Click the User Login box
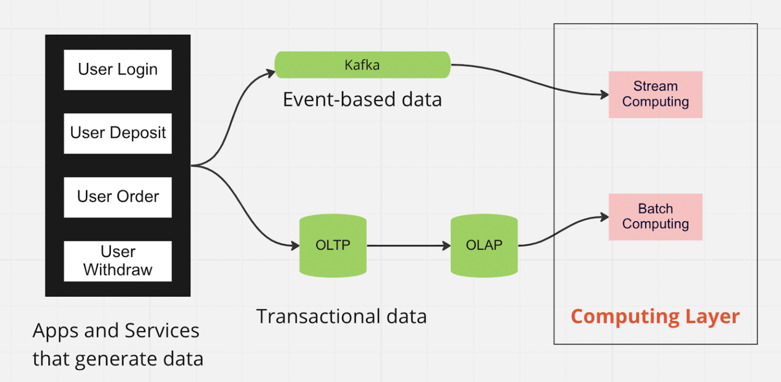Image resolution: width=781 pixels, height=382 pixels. click(117, 70)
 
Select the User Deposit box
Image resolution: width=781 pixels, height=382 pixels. click(117, 133)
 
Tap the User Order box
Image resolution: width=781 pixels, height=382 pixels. click(117, 197)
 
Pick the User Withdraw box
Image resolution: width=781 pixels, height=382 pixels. click(117, 261)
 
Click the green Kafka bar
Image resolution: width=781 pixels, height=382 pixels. click(362, 65)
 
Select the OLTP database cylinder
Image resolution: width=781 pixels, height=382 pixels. click(333, 245)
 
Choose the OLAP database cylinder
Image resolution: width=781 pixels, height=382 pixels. click(484, 245)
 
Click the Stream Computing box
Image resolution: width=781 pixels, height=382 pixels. click(655, 94)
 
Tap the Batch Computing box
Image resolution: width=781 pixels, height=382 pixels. click(655, 217)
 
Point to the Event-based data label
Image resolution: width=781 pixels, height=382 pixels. click(362, 100)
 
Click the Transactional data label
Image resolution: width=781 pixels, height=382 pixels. click(341, 316)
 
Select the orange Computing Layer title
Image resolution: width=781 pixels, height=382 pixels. click(655, 316)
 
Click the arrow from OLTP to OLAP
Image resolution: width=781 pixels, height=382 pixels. click(407, 246)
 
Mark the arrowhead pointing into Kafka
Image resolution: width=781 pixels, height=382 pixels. click(271, 73)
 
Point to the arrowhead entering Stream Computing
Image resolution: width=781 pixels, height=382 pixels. click(605, 95)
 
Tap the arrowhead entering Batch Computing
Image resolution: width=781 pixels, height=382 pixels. click(605, 217)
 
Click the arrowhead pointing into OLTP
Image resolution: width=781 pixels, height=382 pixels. click(295, 246)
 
